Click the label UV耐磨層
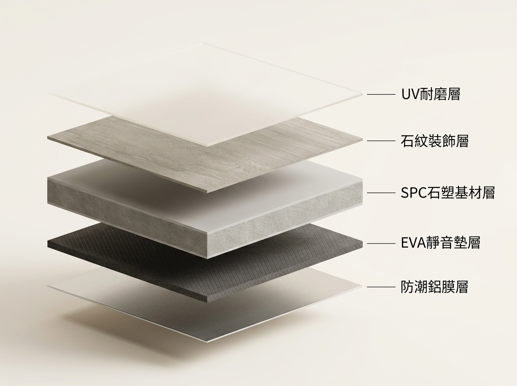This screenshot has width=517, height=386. click(430, 94)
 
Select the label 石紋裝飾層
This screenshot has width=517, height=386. click(435, 141)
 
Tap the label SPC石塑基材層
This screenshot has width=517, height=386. click(448, 193)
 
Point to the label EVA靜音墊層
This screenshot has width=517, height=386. click(440, 243)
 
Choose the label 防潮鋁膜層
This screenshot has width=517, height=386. click(434, 286)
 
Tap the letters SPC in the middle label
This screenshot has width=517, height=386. click(414, 193)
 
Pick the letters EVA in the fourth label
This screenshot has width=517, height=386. click(413, 243)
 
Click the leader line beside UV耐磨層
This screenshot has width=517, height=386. click(381, 94)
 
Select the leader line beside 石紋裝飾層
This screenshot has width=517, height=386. click(381, 141)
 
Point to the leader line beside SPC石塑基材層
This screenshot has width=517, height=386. click(381, 193)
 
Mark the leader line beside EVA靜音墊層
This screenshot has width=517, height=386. click(381, 243)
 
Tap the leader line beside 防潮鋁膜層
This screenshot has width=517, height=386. click(381, 287)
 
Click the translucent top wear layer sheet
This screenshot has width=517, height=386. click(205, 94)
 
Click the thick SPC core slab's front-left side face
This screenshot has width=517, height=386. click(127, 217)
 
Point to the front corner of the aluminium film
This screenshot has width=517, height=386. click(207, 342)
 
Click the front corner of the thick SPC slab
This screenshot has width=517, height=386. click(207, 258)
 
